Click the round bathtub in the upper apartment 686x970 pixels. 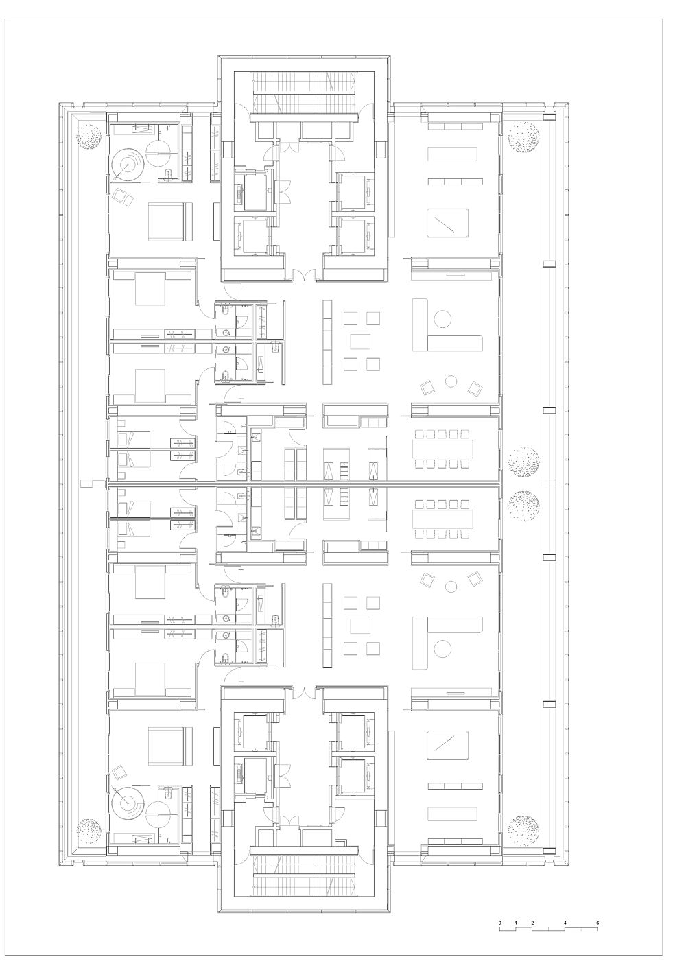pyautogui.click(x=128, y=164)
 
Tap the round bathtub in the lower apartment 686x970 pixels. pyautogui.click(x=128, y=803)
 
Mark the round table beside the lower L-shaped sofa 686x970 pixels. pyautogui.click(x=442, y=648)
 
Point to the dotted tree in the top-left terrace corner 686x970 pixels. pyautogui.click(x=88, y=136)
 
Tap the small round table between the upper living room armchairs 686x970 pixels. pyautogui.click(x=451, y=381)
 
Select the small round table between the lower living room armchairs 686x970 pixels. pyautogui.click(x=451, y=587)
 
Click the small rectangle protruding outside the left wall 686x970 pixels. pyautogui.click(x=87, y=483)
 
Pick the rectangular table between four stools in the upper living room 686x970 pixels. pyautogui.click(x=360, y=341)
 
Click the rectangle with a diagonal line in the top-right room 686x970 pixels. pyautogui.click(x=447, y=223)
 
